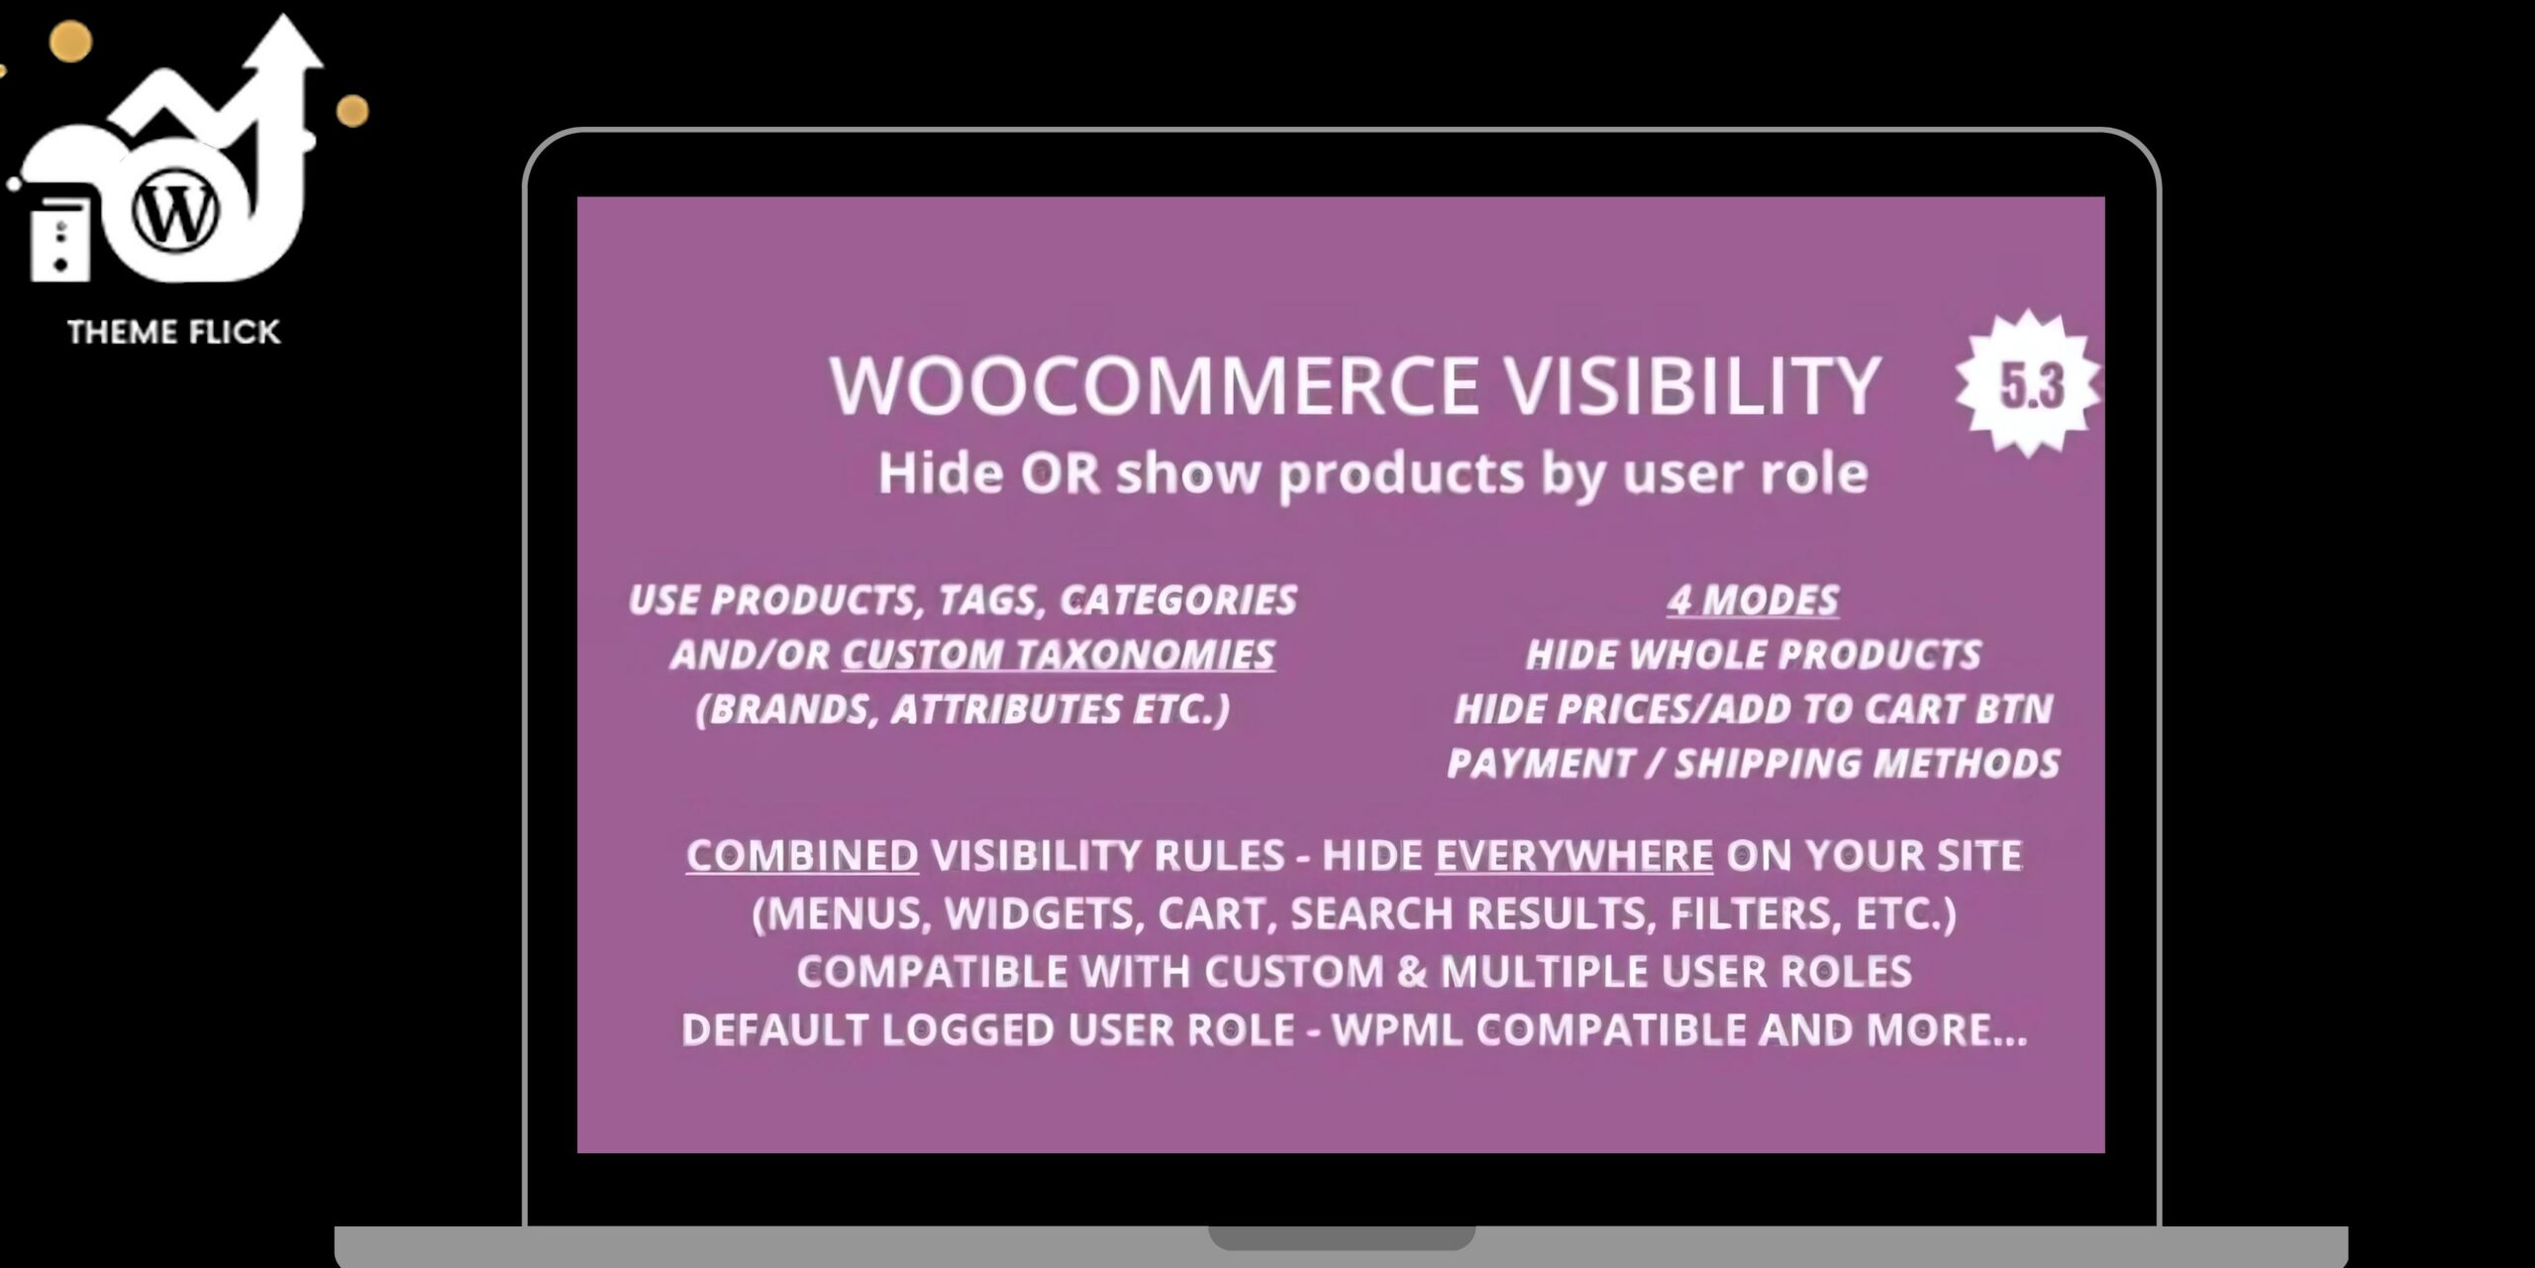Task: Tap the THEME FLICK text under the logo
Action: coord(174,332)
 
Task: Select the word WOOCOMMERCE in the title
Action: coord(1154,384)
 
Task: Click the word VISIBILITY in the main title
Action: coord(1692,384)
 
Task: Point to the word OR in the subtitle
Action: coord(1061,474)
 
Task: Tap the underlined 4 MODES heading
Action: coord(1753,600)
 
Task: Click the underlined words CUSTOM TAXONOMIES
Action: coord(1059,655)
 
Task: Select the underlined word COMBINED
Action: coord(802,856)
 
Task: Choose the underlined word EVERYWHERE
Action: coord(1574,856)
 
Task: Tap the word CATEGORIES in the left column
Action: coord(1178,600)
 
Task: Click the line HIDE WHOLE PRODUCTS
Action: coord(1754,655)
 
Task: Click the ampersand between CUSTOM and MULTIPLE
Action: coord(1412,972)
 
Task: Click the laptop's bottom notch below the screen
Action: coord(1342,1238)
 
